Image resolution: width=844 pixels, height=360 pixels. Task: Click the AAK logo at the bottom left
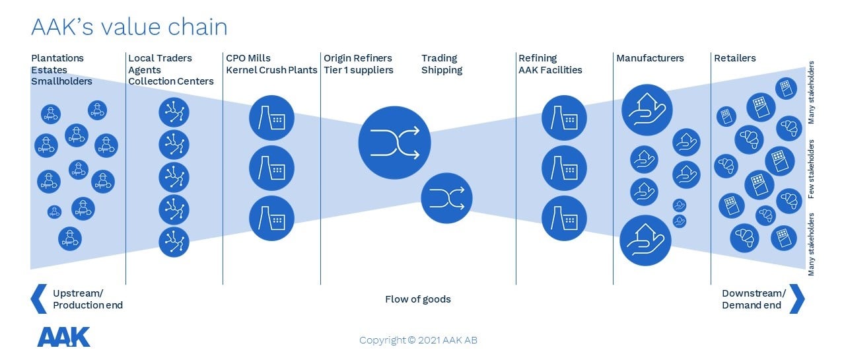tap(63, 337)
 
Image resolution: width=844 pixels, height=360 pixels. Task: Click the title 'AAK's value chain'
tap(129, 27)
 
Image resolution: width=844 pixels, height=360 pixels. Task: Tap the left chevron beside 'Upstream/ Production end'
tap(39, 299)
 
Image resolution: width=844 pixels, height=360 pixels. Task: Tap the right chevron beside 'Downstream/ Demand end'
tap(796, 299)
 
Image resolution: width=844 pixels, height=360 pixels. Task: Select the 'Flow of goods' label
tap(418, 299)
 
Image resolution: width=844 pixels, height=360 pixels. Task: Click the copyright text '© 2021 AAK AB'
tap(442, 340)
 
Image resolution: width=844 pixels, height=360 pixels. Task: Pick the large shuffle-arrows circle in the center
tap(394, 143)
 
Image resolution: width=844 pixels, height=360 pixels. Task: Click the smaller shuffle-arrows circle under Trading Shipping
tap(446, 198)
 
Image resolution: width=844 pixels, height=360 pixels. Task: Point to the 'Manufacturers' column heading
tap(650, 58)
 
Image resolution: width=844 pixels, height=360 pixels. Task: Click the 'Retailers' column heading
tap(735, 58)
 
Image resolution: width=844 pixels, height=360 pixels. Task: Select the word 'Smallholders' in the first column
tap(61, 81)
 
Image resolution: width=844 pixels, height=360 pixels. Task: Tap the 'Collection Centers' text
tap(170, 81)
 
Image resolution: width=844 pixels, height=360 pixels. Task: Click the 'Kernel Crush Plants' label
tap(271, 70)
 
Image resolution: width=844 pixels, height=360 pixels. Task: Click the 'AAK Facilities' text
tap(550, 70)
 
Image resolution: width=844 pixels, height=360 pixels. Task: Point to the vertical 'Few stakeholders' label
tap(811, 169)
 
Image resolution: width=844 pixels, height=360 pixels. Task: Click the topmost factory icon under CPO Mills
tap(271, 118)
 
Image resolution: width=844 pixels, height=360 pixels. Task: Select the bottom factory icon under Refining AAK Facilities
tap(564, 218)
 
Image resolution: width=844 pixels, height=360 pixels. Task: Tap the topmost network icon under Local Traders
tap(174, 112)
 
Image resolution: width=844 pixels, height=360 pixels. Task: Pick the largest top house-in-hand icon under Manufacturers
tap(647, 110)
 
